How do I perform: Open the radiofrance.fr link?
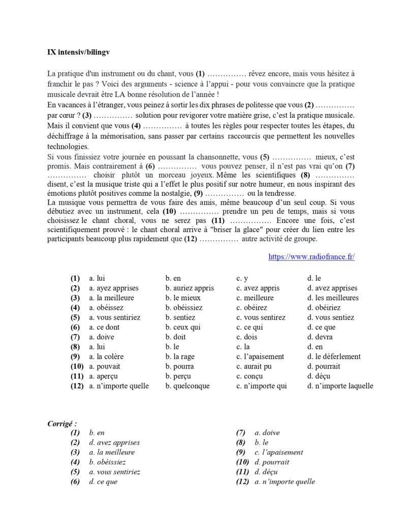(x=311, y=257)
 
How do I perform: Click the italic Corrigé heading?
(x=62, y=423)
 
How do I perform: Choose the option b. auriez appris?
(x=190, y=288)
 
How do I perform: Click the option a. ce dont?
(x=104, y=327)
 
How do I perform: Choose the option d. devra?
(x=320, y=337)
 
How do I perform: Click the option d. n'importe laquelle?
(x=339, y=386)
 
